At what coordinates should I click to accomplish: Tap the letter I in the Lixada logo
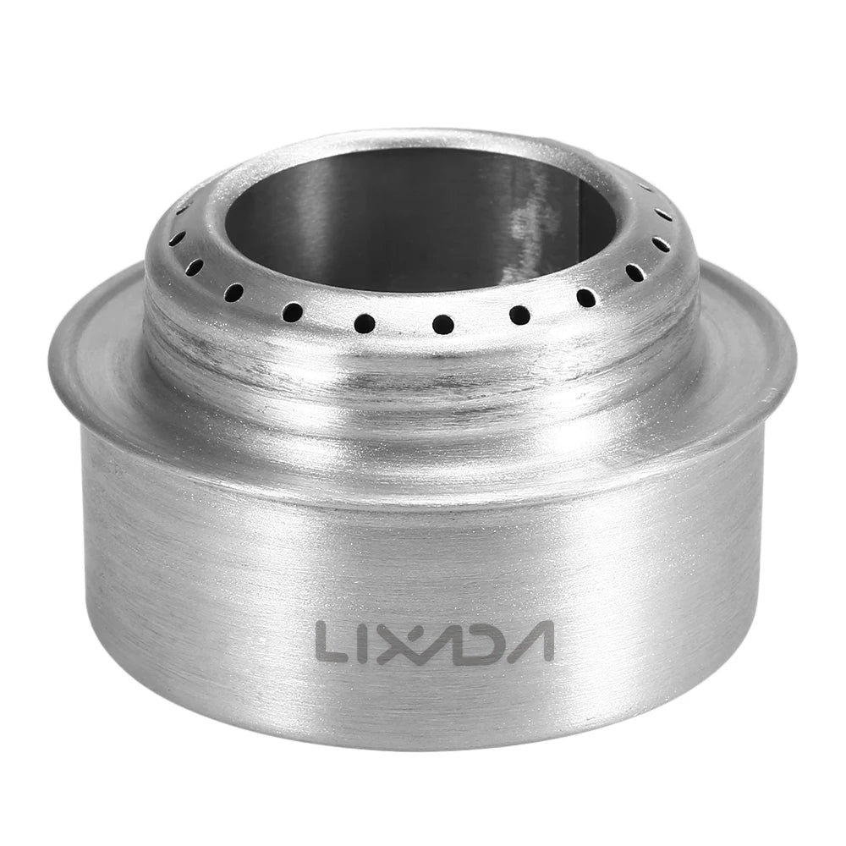click(366, 641)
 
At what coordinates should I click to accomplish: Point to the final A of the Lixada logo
click(529, 641)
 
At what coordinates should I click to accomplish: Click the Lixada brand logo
click(434, 641)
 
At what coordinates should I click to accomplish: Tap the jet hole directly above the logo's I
click(365, 322)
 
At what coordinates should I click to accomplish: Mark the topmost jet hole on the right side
click(645, 188)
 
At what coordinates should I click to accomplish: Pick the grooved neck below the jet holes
click(423, 372)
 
